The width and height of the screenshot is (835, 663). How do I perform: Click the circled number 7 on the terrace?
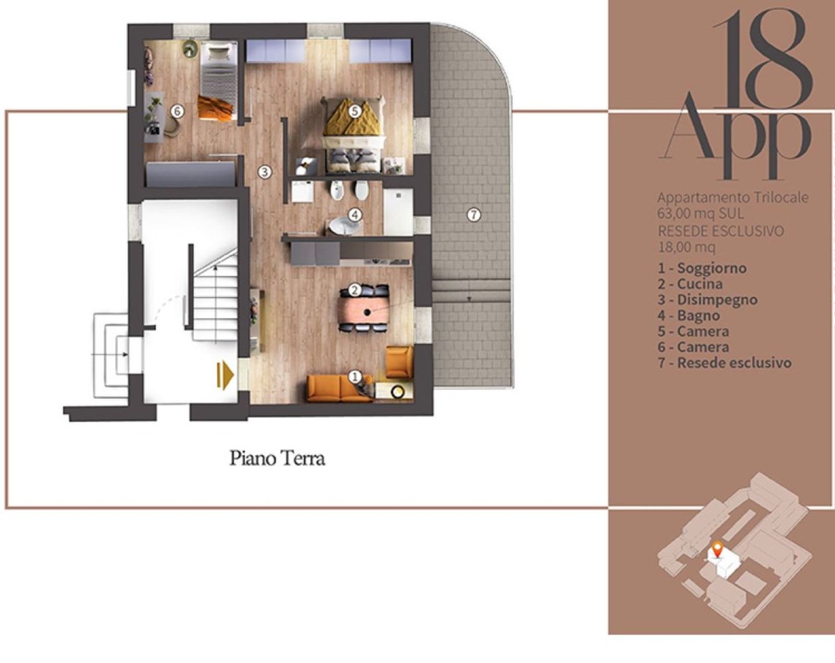coord(473,214)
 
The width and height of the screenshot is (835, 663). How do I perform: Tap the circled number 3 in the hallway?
coord(265,171)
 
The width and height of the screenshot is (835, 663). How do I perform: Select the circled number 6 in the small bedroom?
coord(177,111)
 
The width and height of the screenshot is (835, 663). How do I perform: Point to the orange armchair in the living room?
coord(399,362)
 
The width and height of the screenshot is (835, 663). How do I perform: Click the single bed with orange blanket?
coord(218,81)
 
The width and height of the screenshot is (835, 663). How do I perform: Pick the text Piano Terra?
coord(277,458)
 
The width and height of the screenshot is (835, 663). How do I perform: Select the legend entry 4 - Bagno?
coord(689,316)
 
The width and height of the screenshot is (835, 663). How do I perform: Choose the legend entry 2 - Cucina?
coord(690,284)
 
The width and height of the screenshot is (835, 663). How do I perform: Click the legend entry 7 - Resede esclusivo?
coord(724,363)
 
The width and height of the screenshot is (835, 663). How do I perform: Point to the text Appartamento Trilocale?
coord(733,198)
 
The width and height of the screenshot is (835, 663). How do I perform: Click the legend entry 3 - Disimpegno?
coord(708,300)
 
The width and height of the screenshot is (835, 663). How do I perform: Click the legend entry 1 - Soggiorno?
coord(702,268)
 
